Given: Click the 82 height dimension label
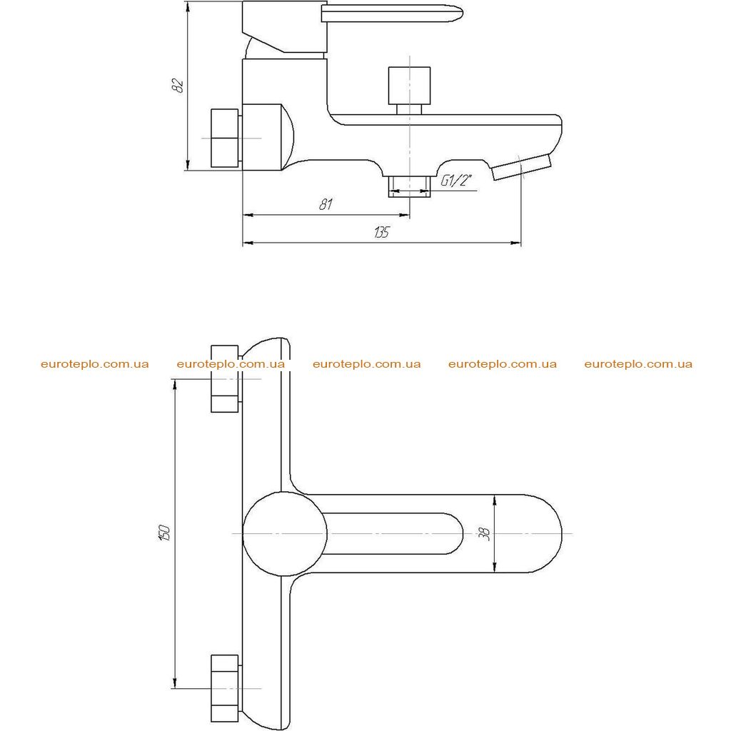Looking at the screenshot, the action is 178,86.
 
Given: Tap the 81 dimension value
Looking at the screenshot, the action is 326,204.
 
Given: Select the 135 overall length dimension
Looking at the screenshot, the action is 381,232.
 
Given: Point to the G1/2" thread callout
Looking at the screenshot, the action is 456,180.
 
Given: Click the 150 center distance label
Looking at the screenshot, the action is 165,533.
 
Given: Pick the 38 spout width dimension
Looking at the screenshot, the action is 485,533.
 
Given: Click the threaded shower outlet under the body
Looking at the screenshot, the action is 409,186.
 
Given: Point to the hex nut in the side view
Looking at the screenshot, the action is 226,138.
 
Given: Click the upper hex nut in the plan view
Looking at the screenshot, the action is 226,378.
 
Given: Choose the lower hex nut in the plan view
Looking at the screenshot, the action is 226,688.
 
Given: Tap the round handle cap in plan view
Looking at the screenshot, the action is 284,534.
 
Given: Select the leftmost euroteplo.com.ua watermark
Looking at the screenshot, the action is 95,364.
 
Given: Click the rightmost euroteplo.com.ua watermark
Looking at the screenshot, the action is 638,364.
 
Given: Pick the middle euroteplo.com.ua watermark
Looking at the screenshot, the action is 366,364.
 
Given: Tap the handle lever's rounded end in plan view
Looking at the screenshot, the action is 455,534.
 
